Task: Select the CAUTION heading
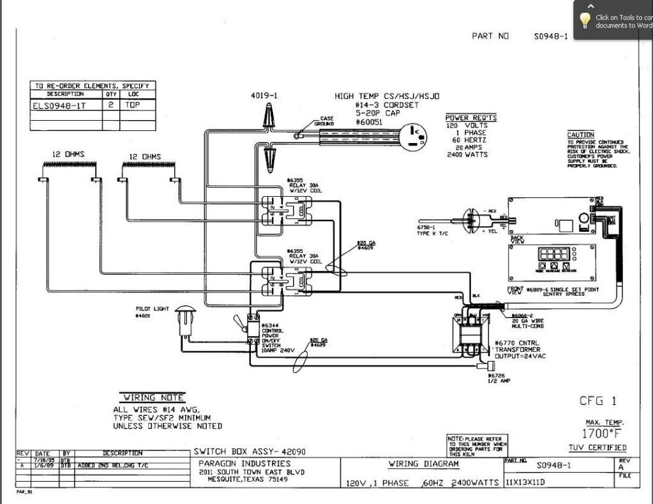580,135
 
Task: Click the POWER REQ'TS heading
470,118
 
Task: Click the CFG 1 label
597,401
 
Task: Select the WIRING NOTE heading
153,397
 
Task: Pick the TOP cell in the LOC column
131,105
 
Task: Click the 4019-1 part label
264,95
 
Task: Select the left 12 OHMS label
68,155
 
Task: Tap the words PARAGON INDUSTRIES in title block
244,463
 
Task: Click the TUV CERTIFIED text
597,448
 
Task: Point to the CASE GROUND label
324,121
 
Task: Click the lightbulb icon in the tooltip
584,20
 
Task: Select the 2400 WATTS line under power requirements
467,155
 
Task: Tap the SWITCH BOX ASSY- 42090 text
250,452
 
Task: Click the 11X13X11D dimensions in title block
525,482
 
